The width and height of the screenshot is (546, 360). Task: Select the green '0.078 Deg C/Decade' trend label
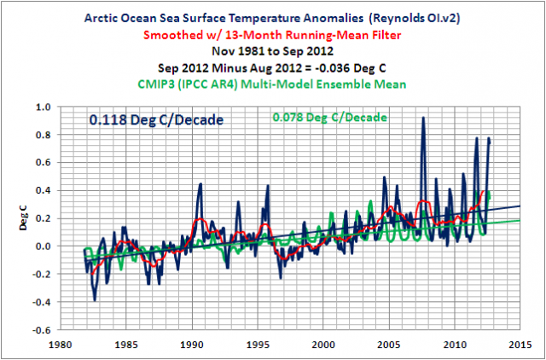click(320, 118)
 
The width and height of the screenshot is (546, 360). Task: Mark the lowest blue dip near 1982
click(95, 299)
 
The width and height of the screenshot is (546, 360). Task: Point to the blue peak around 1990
click(200, 184)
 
